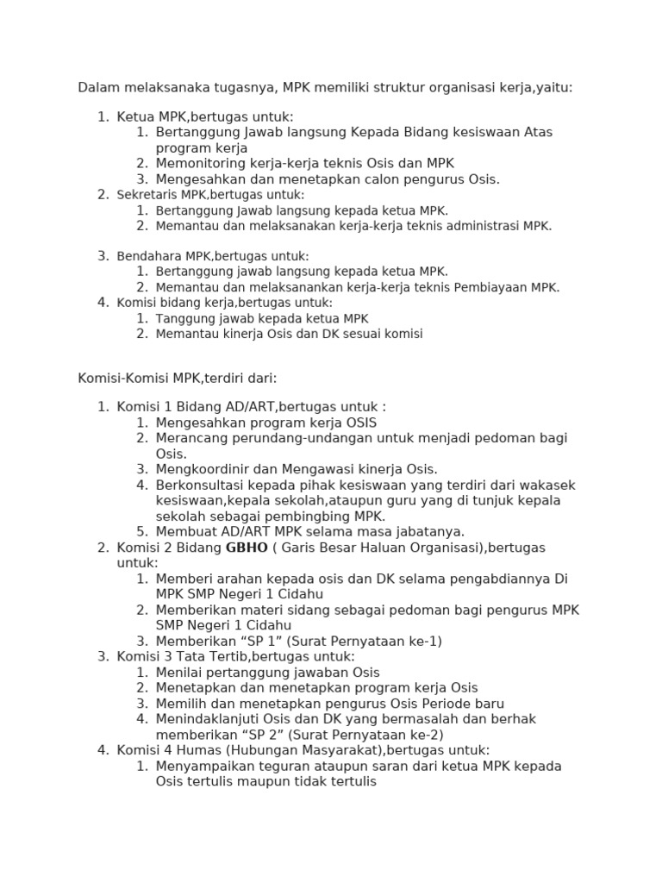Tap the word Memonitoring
[x=202, y=163]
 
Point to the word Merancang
[x=192, y=438]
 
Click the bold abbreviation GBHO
[x=245, y=548]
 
